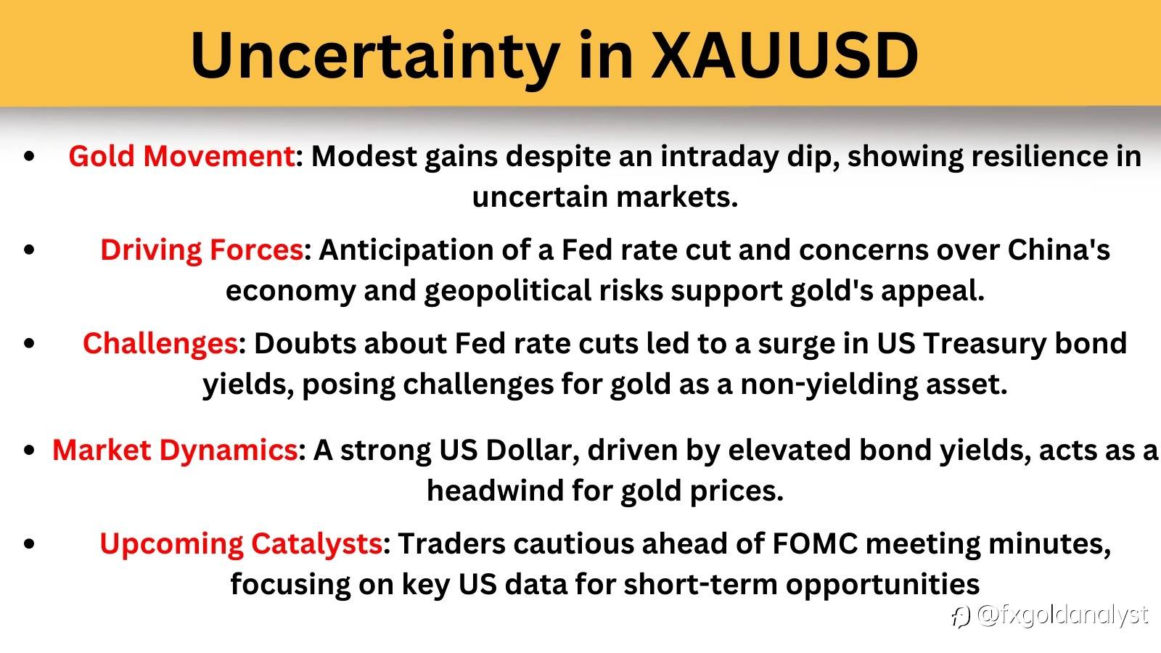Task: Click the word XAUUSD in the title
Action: click(784, 55)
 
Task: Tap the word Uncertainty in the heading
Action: click(375, 59)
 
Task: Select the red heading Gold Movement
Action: click(181, 156)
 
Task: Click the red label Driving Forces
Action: click(202, 250)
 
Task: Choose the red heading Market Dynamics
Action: click(175, 451)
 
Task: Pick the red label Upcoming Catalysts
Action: click(241, 545)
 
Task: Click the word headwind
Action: click(494, 490)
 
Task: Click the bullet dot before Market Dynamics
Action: click(30, 449)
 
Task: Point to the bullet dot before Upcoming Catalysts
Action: click(30, 543)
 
